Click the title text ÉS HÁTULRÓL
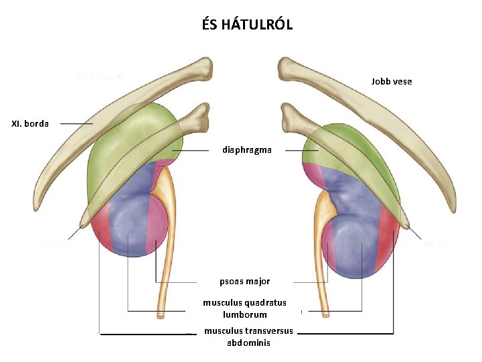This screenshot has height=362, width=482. coord(247,25)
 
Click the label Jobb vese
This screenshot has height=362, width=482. coord(392,81)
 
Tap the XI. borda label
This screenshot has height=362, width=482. coord(30,123)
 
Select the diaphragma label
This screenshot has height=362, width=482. coord(247,150)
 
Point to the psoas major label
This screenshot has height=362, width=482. coord(245,282)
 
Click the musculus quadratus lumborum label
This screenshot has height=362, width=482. coord(244,308)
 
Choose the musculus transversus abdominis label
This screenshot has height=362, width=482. coord(248,337)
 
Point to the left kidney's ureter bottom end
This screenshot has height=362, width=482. coord(161,314)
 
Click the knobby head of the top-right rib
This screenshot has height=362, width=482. coord(290,68)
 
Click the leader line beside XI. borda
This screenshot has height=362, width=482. coord(76,123)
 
